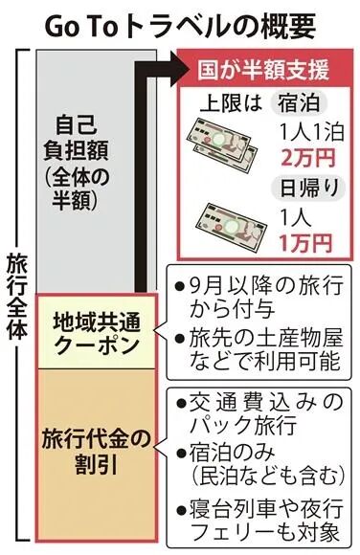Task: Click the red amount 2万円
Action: [304, 151]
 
